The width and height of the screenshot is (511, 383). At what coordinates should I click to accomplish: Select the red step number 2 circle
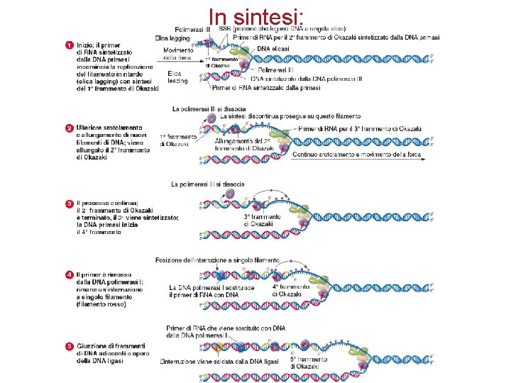click(x=70, y=128)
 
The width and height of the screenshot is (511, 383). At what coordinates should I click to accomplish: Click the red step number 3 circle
click(x=70, y=204)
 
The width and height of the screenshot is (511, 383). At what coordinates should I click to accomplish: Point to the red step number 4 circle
click(x=70, y=274)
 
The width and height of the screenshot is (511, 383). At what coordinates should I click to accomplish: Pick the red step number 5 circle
click(x=70, y=345)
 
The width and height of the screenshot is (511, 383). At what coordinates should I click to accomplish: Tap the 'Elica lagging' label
click(x=174, y=38)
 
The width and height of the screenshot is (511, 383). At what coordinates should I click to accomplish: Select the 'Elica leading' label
click(x=178, y=77)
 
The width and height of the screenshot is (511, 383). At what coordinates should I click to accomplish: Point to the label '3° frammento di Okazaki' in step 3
click(x=258, y=219)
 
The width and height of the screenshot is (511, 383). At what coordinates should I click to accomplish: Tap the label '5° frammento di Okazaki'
click(x=305, y=362)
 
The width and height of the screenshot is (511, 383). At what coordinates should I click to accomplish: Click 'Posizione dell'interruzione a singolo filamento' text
click(x=222, y=260)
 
